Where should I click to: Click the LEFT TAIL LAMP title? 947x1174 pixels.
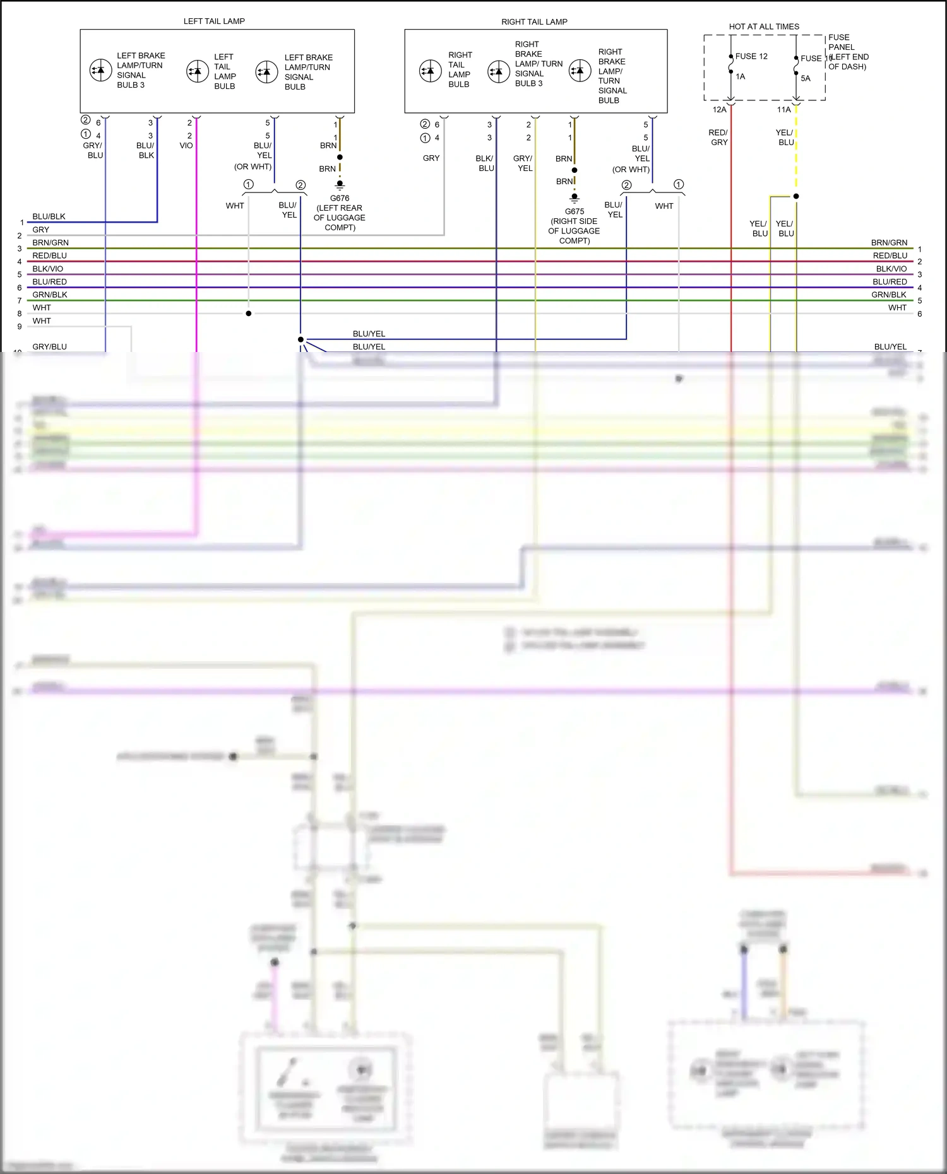(214, 21)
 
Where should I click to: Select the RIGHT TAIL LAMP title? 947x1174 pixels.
(534, 22)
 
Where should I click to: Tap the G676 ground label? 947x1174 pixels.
(340, 198)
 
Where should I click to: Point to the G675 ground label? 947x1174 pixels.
(575, 211)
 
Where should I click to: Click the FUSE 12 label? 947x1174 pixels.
(751, 56)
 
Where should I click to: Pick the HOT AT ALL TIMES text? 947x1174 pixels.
(764, 26)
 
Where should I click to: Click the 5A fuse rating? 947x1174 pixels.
(806, 79)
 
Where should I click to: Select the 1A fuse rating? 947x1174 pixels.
(741, 77)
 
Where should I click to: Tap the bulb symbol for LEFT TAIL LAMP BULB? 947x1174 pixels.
(198, 71)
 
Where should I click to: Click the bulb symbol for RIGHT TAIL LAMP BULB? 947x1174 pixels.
(431, 71)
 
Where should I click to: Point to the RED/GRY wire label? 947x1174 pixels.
(718, 138)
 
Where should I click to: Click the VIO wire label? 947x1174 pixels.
(186, 146)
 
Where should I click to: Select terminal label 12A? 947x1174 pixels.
(720, 110)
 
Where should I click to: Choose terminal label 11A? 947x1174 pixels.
(784, 110)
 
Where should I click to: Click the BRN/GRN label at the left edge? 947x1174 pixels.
(51, 243)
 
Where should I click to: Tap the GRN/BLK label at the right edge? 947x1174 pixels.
(889, 295)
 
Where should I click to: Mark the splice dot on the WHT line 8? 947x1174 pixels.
(249, 314)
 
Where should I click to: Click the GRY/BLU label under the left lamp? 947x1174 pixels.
(93, 150)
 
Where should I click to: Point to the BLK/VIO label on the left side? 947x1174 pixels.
(48, 269)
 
